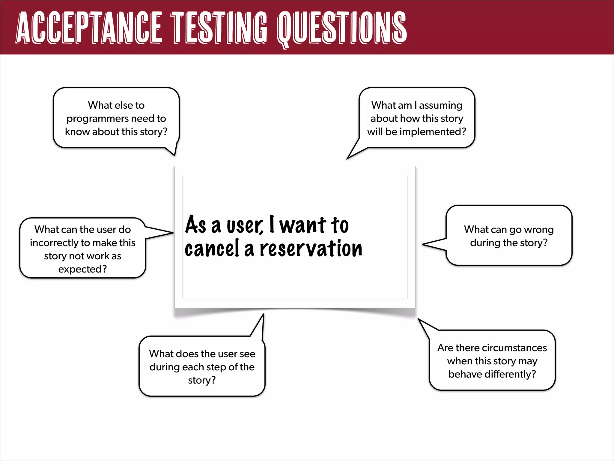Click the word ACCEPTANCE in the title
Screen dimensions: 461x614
tap(89, 28)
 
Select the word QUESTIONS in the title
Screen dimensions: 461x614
tap(342, 28)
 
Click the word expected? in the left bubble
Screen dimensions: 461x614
tap(82, 269)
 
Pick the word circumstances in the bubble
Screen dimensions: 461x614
tap(514, 348)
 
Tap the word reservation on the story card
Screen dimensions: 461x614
tap(311, 249)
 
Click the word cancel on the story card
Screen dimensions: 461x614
tap(212, 249)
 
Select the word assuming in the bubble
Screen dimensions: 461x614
tap(441, 105)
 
